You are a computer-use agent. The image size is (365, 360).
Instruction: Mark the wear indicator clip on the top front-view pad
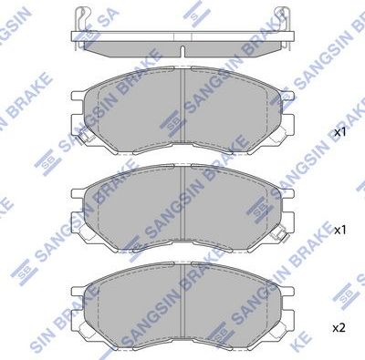click(x=78, y=139)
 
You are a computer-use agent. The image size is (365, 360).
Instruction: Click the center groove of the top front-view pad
click(x=183, y=109)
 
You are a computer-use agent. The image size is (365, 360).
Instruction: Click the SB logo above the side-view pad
click(x=191, y=11)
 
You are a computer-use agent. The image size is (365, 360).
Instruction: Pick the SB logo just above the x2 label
click(x=343, y=296)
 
